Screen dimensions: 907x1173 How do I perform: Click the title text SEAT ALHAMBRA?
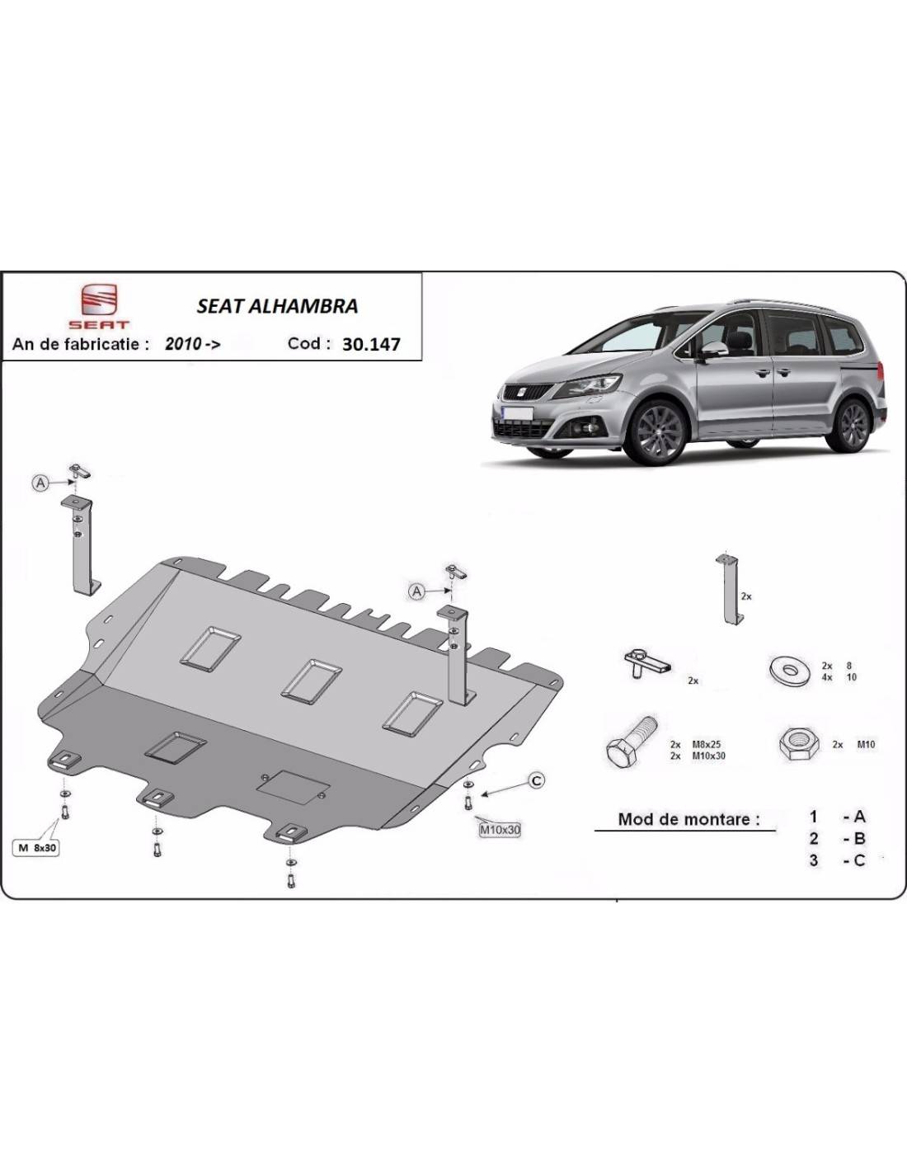[x=277, y=307]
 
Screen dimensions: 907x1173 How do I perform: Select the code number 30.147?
[x=371, y=345]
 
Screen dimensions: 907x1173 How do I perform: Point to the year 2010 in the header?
[x=184, y=344]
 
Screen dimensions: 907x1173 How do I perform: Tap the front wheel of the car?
[x=656, y=431]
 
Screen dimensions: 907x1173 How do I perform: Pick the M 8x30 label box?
[x=36, y=847]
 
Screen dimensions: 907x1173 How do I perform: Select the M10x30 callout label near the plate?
[x=500, y=830]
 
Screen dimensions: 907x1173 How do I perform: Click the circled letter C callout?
[x=536, y=780]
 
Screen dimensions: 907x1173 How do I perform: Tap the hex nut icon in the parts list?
[x=798, y=744]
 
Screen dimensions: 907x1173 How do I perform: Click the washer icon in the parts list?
[x=790, y=671]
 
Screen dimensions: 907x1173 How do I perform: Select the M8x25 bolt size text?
[x=707, y=744]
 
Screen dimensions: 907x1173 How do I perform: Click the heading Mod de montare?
[x=688, y=819]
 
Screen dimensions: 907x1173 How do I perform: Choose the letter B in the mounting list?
[x=859, y=838]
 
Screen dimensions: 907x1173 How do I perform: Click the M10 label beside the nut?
[x=866, y=744]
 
